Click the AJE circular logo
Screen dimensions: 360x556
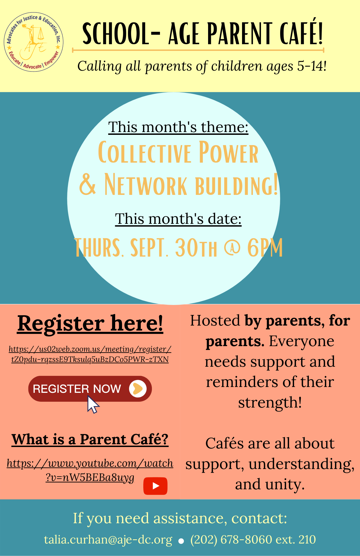click(33, 42)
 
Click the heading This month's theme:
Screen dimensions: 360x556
click(178, 127)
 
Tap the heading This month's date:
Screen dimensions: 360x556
click(178, 219)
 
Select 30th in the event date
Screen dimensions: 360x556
click(196, 248)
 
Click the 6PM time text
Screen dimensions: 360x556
click(265, 248)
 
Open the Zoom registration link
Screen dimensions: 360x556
click(90, 354)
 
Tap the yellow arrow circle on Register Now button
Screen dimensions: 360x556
click(138, 389)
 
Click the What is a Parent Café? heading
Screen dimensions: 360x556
click(90, 440)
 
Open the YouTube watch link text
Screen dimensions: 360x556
click(90, 470)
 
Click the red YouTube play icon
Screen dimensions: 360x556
click(155, 486)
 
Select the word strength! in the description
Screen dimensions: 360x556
click(270, 403)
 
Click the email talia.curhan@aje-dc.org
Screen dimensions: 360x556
click(108, 540)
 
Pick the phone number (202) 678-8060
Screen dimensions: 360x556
click(231, 540)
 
